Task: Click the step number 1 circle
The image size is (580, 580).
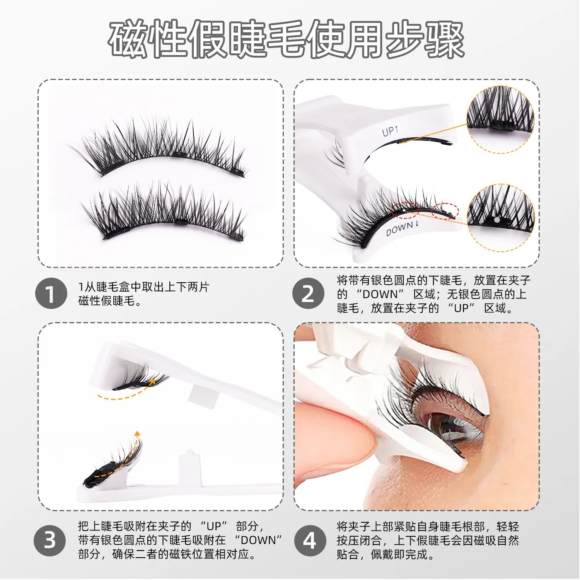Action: pyautogui.click(x=51, y=293)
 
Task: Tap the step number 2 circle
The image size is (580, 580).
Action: pyautogui.click(x=308, y=293)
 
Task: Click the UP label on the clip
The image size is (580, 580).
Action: pyautogui.click(x=389, y=131)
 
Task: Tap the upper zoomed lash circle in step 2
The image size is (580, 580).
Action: pyautogui.click(x=500, y=119)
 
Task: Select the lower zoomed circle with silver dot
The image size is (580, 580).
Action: pyautogui.click(x=500, y=218)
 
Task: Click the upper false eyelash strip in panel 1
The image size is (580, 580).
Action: pyautogui.click(x=162, y=149)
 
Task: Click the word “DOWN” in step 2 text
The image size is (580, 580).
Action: pyautogui.click(x=380, y=294)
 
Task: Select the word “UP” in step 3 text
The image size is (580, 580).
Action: pyautogui.click(x=213, y=526)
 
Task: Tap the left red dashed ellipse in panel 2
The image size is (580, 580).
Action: pyautogui.click(x=405, y=210)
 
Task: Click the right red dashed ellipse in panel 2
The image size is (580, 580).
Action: pyautogui.click(x=445, y=211)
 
